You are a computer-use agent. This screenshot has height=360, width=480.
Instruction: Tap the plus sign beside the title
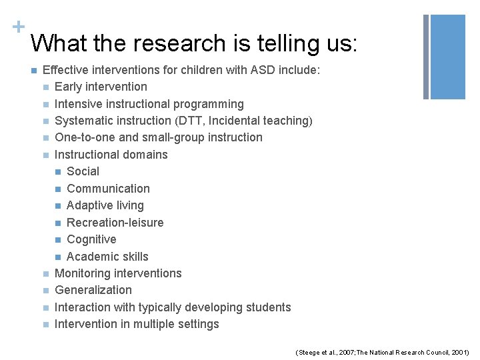(x=16, y=27)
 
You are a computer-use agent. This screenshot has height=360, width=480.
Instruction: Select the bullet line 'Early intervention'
(x=101, y=87)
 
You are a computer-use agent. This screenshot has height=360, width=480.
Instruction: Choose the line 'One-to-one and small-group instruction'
(x=158, y=137)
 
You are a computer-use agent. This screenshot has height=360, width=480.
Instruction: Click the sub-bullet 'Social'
(x=83, y=171)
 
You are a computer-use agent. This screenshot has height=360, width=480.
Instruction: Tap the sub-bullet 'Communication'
(x=108, y=189)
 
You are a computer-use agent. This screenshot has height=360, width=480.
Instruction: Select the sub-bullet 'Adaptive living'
(x=105, y=205)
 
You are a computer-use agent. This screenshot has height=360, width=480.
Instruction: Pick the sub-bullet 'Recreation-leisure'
(x=115, y=223)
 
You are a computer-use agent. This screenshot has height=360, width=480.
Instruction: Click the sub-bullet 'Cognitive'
(x=91, y=239)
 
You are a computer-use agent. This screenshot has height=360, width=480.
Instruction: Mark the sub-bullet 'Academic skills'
(x=107, y=257)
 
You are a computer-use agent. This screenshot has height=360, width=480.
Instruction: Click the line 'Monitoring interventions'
(x=118, y=273)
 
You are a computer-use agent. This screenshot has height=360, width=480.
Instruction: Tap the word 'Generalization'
(x=93, y=290)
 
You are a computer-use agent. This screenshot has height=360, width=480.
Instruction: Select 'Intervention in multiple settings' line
(x=137, y=324)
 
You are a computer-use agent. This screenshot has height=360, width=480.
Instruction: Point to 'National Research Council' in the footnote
(x=407, y=351)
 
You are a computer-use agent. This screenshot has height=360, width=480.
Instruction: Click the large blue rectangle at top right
(x=448, y=57)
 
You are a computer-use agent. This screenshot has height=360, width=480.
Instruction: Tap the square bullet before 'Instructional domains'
(x=45, y=155)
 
